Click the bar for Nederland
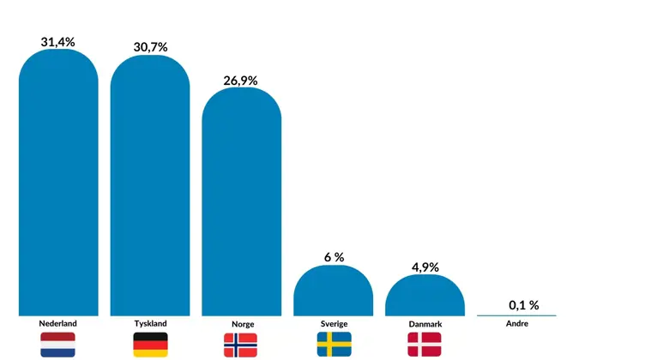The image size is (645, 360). [x=58, y=184]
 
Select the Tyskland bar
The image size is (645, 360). [x=150, y=187]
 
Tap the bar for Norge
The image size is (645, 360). [x=241, y=203]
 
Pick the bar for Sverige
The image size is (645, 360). [x=333, y=291]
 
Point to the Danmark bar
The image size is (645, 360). [x=425, y=296]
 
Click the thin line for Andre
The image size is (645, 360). [x=516, y=315]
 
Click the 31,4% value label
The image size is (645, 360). [x=58, y=41]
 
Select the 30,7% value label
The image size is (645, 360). [x=150, y=47]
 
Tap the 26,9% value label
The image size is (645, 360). [x=241, y=81]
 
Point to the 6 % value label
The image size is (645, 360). [x=333, y=257]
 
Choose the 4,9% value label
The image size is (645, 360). [x=425, y=267]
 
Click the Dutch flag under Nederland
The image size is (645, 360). [x=58, y=345]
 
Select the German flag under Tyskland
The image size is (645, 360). [x=150, y=345]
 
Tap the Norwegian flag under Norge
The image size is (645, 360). [x=241, y=345]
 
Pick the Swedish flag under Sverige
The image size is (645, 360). [x=334, y=345]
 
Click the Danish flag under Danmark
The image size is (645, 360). [x=425, y=345]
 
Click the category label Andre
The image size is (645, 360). [x=517, y=324]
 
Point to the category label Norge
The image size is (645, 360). [x=243, y=325]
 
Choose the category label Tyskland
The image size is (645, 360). [x=150, y=323]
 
